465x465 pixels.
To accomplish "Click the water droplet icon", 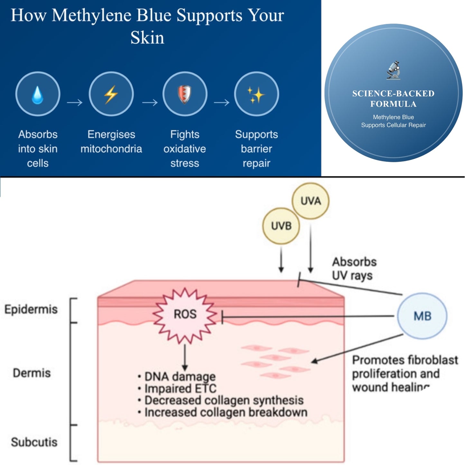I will click(x=38, y=94).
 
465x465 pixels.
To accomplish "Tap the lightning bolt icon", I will click(x=111, y=94).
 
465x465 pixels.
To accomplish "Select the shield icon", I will click(x=184, y=94).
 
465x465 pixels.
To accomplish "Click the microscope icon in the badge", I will click(x=393, y=70).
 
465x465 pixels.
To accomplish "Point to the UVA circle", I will click(x=311, y=201).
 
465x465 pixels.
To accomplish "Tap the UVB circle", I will click(x=281, y=226).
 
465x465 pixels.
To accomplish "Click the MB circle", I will click(x=422, y=316).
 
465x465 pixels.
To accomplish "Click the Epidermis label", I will click(x=31, y=309).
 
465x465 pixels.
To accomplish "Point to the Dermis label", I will click(x=32, y=373).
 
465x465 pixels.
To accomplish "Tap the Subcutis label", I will click(x=34, y=442).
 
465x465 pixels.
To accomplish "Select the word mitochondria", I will click(x=111, y=149).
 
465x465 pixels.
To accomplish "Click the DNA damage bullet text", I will click(x=180, y=376).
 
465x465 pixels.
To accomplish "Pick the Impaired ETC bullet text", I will click(x=181, y=388).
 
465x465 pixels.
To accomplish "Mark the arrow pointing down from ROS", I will click(x=185, y=357).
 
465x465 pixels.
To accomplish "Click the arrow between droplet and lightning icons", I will click(x=75, y=103).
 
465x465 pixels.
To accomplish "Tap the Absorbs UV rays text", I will click(x=354, y=269).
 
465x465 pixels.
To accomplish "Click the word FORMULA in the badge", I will click(x=393, y=104).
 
